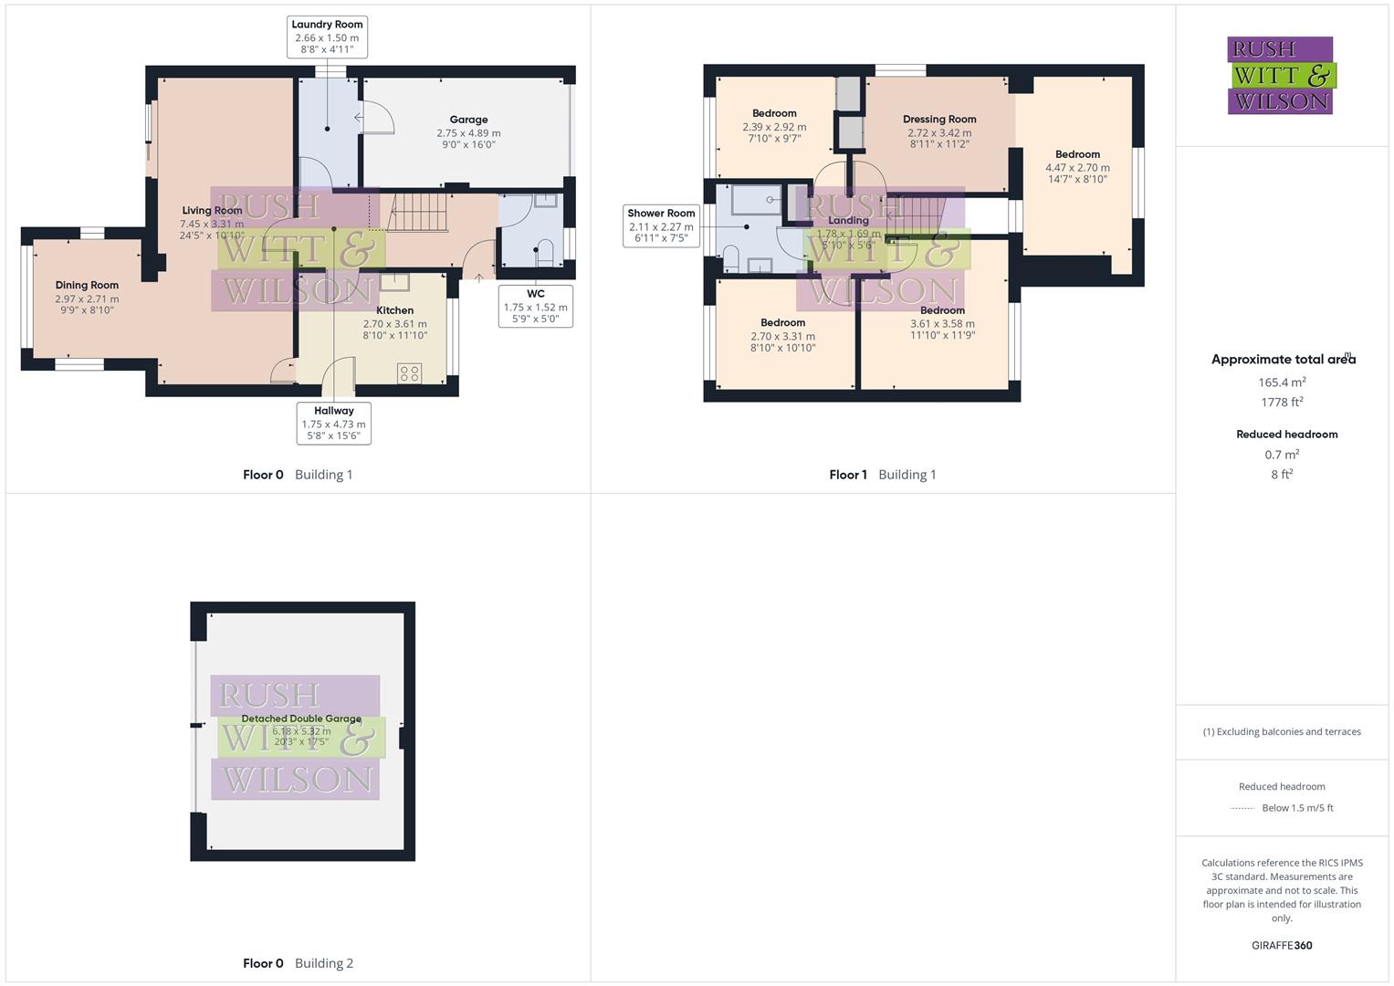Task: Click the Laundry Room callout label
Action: [327, 37]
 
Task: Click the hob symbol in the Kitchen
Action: [409, 372]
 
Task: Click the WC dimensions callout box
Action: [536, 307]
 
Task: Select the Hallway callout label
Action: [333, 424]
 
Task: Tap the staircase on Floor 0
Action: [419, 213]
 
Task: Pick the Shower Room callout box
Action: [661, 226]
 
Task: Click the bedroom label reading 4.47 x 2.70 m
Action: [1077, 167]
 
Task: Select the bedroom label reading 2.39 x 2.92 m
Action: [774, 126]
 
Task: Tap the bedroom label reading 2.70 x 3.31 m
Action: [782, 335]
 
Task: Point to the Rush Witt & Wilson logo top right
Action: [1281, 76]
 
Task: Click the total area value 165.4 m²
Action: [1282, 383]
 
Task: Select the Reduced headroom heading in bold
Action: [1286, 435]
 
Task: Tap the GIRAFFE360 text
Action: [1282, 946]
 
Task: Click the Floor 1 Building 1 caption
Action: [882, 475]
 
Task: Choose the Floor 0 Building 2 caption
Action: [298, 963]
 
